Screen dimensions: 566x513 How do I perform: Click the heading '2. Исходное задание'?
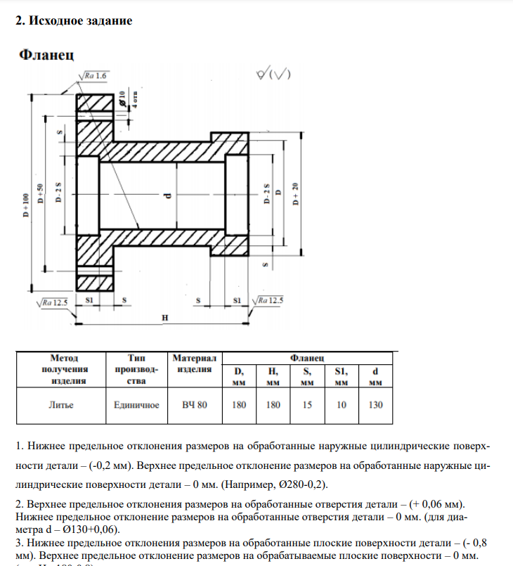(74, 21)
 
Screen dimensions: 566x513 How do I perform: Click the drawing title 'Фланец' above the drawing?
(46, 54)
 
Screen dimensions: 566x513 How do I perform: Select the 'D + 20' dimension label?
(295, 195)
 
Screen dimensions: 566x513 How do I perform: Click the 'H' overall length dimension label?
(164, 318)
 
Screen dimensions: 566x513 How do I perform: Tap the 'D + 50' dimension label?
(40, 193)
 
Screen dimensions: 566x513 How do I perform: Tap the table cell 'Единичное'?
(136, 406)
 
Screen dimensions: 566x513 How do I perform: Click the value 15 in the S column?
(307, 406)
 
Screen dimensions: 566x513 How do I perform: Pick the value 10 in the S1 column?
(341, 406)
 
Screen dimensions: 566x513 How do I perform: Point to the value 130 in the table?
(375, 406)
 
